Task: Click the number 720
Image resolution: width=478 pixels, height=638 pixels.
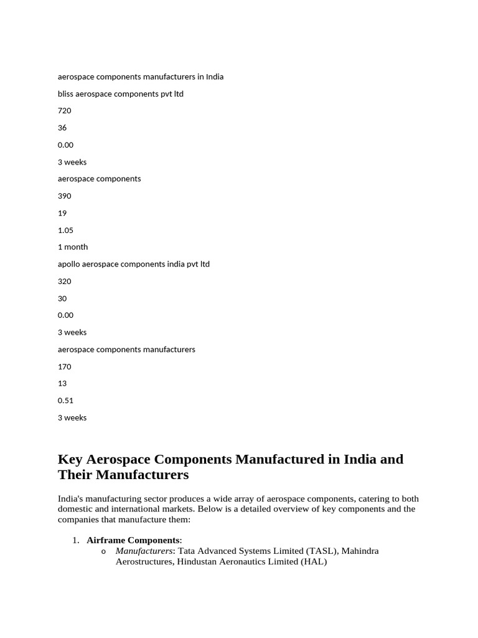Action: tap(65, 111)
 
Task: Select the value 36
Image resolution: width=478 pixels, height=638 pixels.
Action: tap(62, 128)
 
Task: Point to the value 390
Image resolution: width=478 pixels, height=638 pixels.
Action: tap(65, 196)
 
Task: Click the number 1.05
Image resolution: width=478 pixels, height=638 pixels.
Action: tap(65, 231)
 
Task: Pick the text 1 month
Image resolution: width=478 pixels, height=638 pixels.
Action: tap(73, 247)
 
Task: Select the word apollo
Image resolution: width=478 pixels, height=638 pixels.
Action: tap(68, 264)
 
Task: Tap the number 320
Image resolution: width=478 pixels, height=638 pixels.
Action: tap(65, 282)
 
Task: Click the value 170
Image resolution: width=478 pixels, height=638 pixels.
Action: tap(65, 367)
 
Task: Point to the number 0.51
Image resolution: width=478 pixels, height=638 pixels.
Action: tap(65, 401)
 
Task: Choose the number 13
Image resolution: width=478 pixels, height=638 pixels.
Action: tap(62, 384)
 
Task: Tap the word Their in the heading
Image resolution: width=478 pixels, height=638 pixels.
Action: tap(76, 475)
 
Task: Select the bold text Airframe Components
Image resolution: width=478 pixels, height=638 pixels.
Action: tap(133, 540)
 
